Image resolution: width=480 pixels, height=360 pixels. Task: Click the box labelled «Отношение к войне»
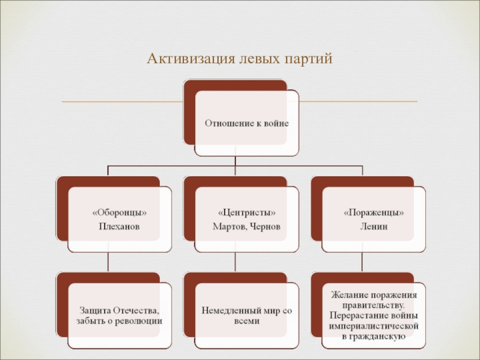(x=247, y=123)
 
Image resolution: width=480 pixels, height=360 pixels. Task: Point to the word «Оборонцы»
(x=119, y=214)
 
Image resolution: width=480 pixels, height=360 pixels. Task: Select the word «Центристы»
(x=247, y=214)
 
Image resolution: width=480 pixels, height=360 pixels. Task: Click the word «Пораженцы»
(x=373, y=214)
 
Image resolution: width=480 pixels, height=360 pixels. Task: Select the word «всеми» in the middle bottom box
(x=246, y=320)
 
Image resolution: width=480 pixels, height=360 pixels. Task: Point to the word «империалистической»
(x=373, y=326)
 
